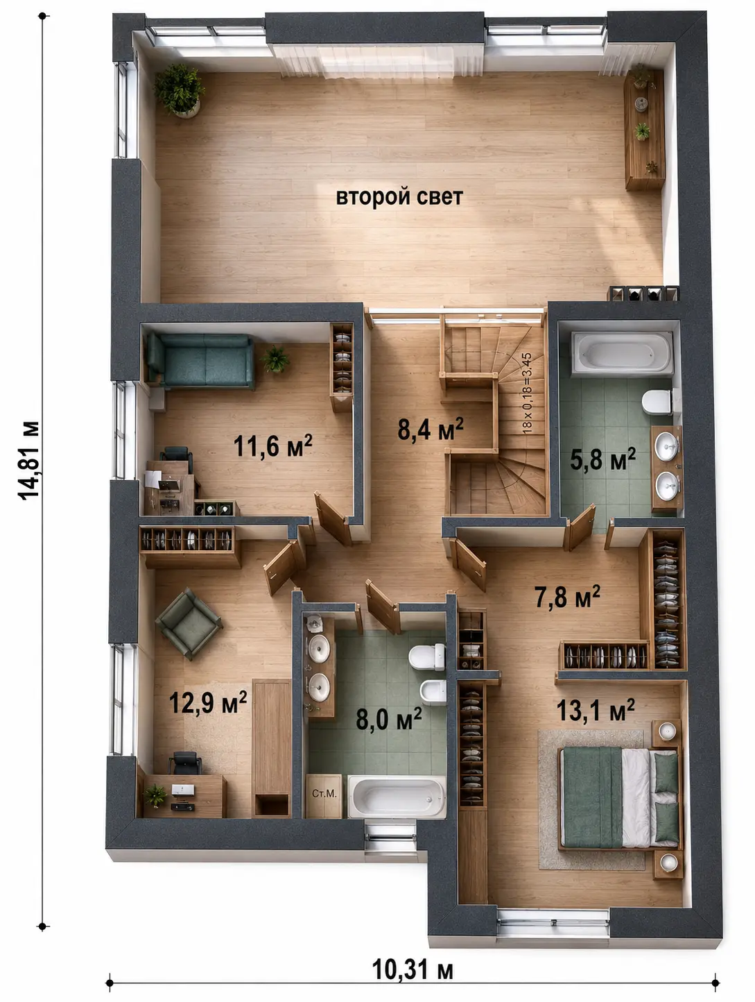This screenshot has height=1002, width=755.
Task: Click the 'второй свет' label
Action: click(x=399, y=197)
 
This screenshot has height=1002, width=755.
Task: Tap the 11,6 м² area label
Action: click(x=272, y=445)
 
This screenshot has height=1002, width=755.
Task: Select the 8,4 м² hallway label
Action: click(x=431, y=429)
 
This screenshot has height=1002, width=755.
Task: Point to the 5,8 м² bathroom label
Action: click(x=602, y=459)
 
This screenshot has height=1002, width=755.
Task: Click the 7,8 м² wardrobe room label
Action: click(x=567, y=597)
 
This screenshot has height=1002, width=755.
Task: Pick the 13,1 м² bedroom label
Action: click(x=596, y=710)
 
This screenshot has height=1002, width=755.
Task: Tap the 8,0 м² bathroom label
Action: click(x=388, y=719)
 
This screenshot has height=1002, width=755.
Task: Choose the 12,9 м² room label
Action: click(x=208, y=702)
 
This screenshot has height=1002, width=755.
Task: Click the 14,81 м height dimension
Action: click(x=28, y=461)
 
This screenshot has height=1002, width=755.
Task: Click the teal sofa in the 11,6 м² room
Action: click(x=200, y=361)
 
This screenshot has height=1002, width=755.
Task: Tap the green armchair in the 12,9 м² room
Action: click(x=189, y=624)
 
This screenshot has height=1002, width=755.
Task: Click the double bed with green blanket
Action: click(x=619, y=798)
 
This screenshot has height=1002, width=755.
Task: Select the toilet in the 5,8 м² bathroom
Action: click(x=657, y=402)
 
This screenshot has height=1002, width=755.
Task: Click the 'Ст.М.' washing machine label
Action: click(x=324, y=794)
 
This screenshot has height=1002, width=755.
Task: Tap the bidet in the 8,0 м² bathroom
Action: click(x=433, y=692)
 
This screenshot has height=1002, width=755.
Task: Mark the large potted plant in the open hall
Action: click(x=179, y=90)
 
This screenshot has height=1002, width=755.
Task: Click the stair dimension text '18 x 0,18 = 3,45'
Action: click(x=527, y=393)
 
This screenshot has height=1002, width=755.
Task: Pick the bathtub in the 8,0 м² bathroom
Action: click(x=397, y=797)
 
